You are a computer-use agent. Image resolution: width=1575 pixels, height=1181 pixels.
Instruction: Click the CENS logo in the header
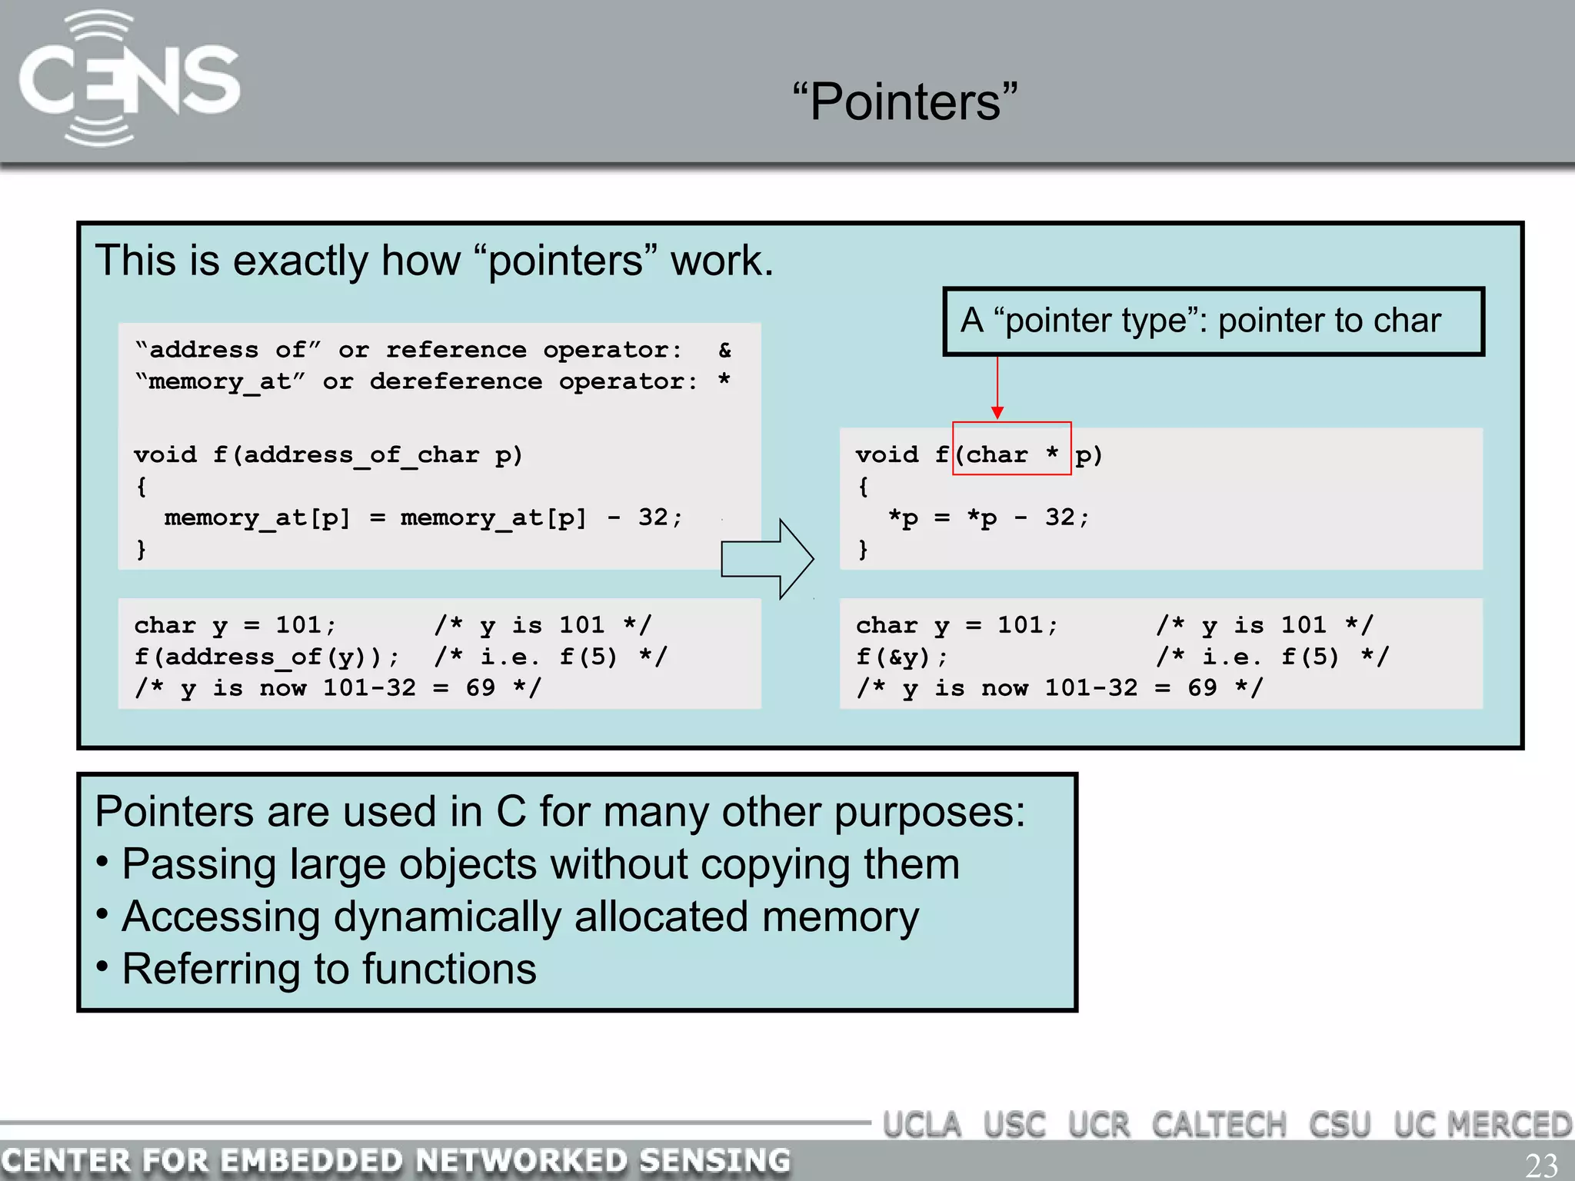[128, 79]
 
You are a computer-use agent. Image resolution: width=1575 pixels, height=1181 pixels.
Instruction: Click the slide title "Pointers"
[905, 102]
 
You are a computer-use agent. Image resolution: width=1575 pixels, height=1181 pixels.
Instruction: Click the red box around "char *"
[1011, 448]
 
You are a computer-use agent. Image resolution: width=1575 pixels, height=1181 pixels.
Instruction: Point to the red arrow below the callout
[997, 388]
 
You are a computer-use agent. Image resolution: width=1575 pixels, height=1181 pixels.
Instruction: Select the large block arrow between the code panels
[767, 559]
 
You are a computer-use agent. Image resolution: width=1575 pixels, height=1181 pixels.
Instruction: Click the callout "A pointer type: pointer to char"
[1213, 321]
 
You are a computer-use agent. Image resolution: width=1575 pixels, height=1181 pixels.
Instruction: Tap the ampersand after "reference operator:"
[724, 351]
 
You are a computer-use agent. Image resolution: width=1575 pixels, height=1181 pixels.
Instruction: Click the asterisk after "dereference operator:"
[724, 381]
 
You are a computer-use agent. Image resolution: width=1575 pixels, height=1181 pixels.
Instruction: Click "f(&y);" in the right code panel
[901, 657]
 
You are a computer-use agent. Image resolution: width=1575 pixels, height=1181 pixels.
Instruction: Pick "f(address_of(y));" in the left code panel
[267, 657]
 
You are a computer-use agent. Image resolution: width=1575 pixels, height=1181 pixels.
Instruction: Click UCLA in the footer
[921, 1126]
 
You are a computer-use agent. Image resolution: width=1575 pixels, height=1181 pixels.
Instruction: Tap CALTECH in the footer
[1218, 1126]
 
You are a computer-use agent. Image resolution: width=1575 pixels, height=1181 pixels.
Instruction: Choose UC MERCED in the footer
[1482, 1126]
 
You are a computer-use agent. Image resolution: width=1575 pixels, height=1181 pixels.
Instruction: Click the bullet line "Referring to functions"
[328, 969]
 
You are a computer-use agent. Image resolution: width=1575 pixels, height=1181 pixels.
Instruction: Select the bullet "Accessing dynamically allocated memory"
[520, 917]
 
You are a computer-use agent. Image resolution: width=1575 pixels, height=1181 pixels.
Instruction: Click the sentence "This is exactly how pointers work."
[434, 261]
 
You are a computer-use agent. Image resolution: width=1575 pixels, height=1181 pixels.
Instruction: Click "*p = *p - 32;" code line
[988, 518]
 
